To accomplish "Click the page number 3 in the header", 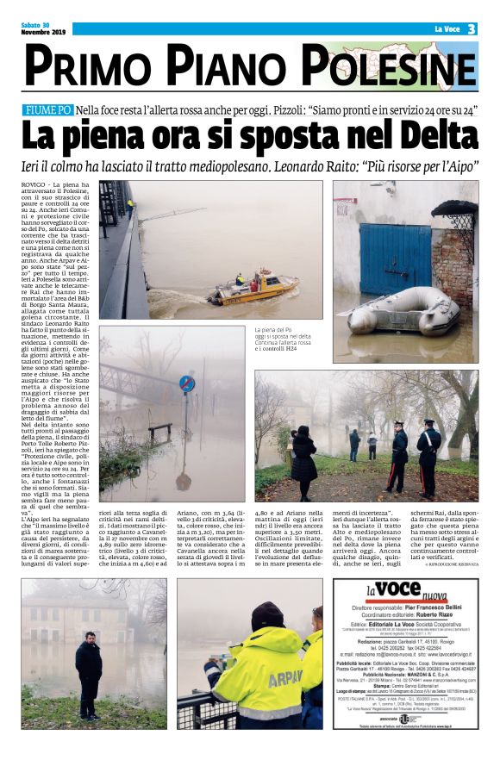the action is tap(472, 28).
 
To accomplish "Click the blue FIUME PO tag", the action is tap(48, 110).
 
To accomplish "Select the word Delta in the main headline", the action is tap(431, 136).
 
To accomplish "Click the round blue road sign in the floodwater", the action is tap(186, 384).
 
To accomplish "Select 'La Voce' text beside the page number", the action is tap(447, 29).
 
